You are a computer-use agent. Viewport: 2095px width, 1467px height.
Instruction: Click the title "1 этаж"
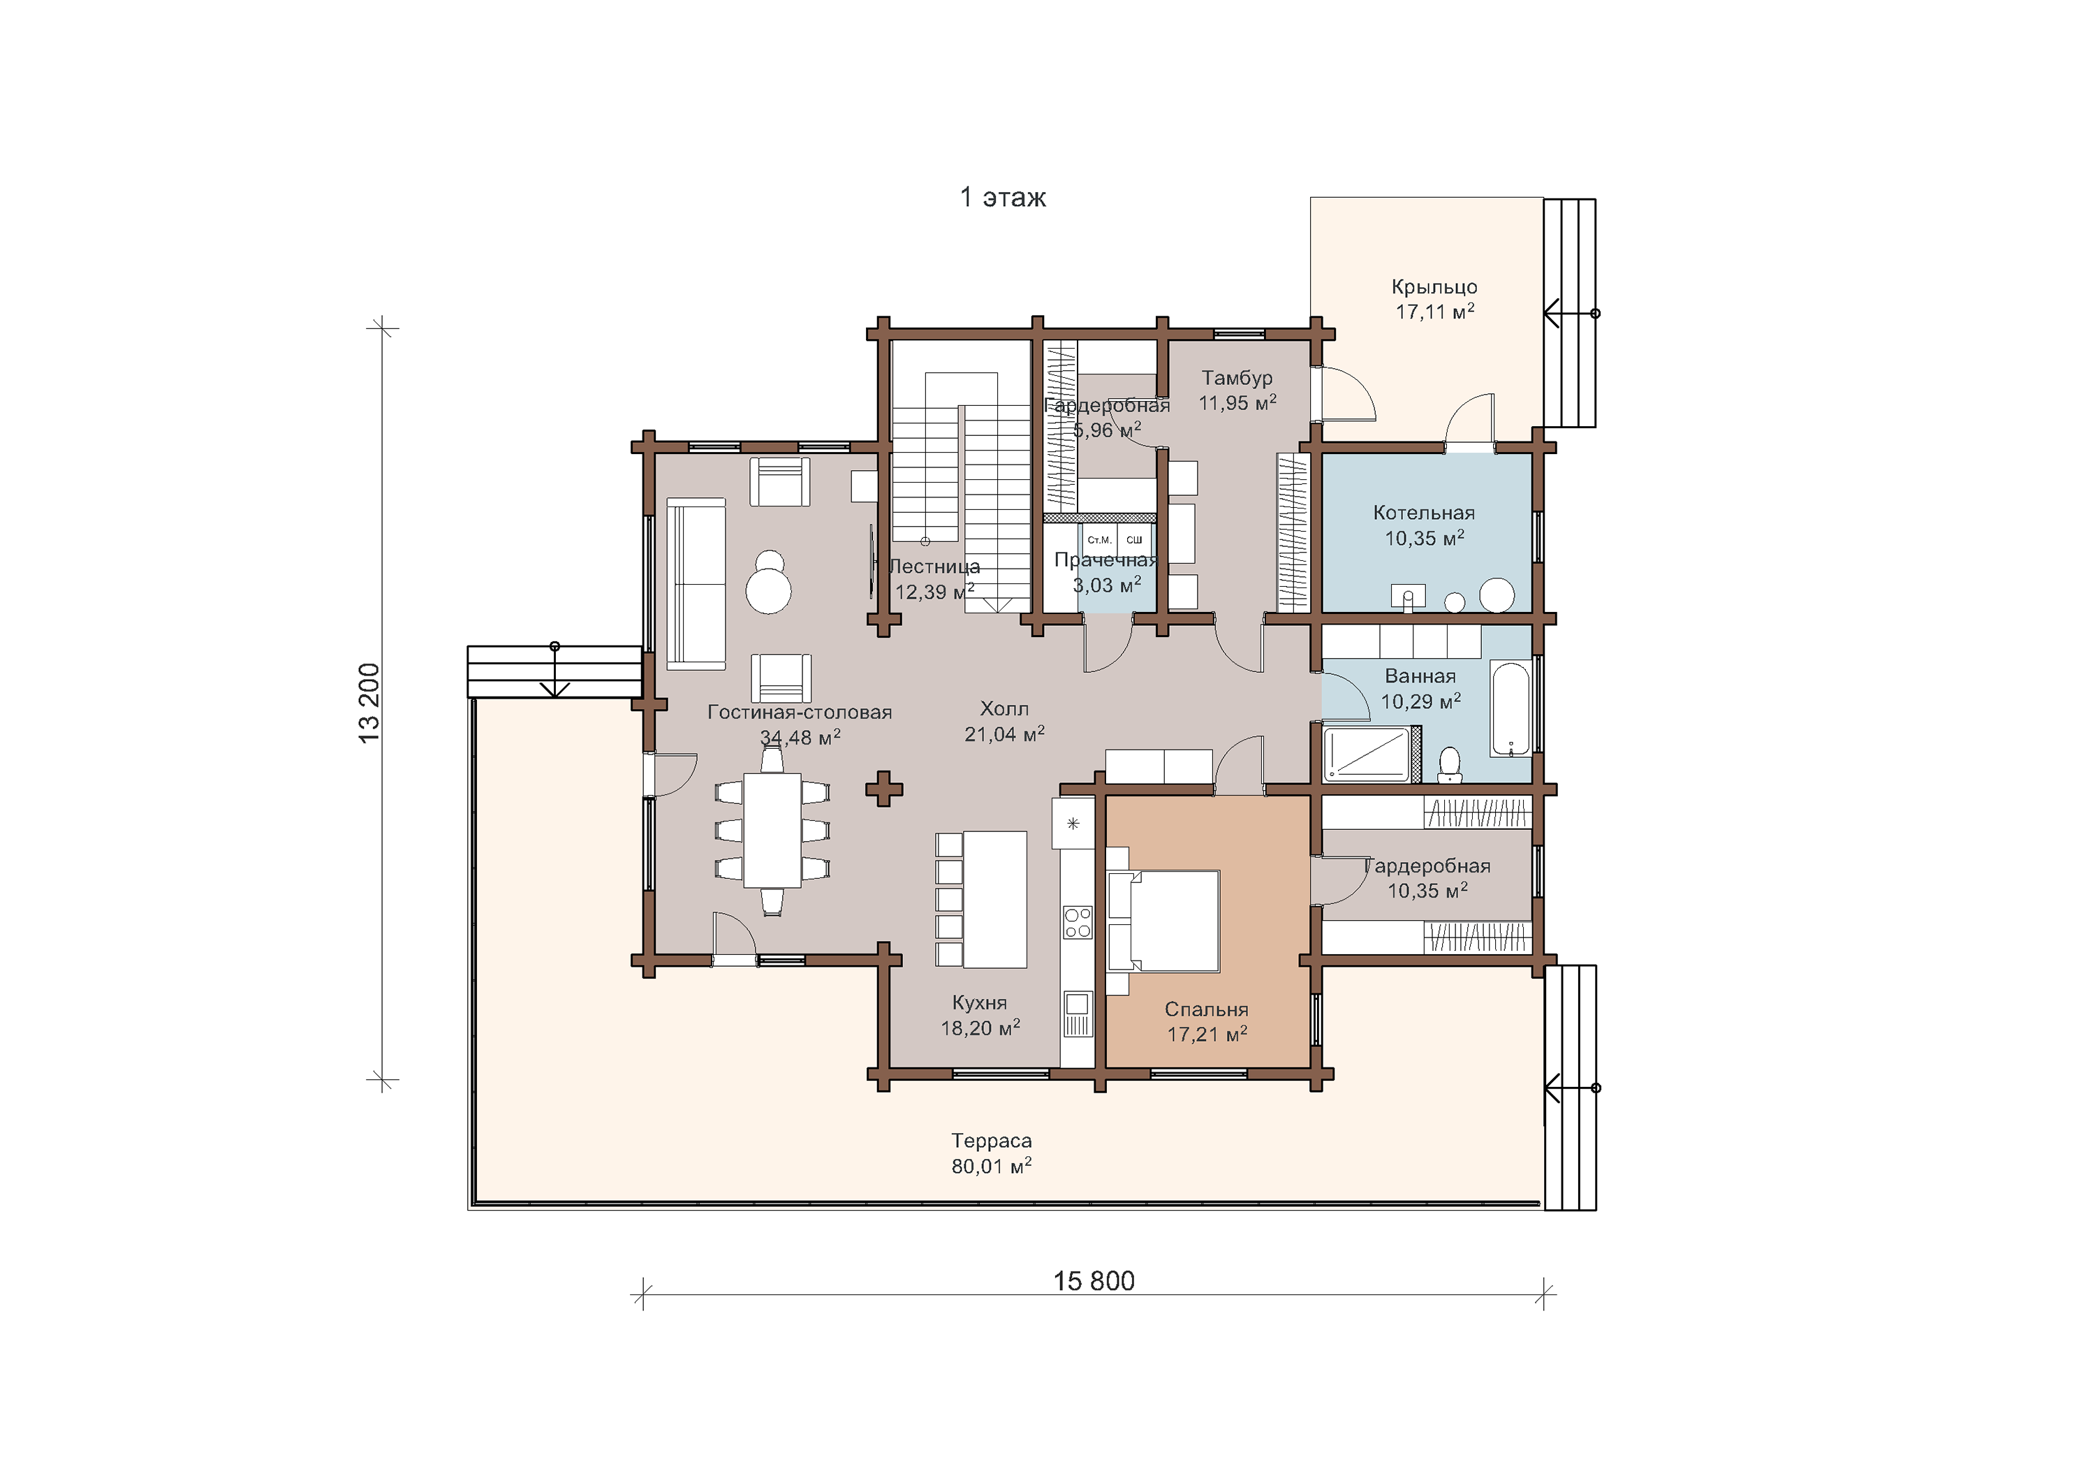click(1003, 197)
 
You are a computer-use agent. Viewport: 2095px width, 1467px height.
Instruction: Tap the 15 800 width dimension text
click(1094, 1280)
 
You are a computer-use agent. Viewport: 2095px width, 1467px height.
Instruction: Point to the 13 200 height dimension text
click(369, 703)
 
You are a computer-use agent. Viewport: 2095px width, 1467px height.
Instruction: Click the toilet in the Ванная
click(1449, 765)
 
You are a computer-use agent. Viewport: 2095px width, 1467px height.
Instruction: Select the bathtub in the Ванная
click(1510, 709)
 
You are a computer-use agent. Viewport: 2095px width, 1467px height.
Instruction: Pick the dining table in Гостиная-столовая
click(772, 830)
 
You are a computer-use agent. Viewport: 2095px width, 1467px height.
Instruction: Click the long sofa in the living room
click(696, 584)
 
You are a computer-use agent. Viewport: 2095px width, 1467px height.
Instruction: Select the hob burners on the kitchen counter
click(1078, 922)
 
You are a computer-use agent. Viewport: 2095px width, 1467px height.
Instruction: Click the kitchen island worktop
click(996, 899)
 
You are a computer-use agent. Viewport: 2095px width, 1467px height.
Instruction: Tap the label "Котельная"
click(1423, 513)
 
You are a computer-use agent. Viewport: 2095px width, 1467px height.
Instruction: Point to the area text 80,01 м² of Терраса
click(992, 1166)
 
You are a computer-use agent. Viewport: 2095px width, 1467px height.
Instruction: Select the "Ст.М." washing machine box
click(1098, 539)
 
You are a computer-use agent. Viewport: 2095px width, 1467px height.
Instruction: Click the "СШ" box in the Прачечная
click(1134, 539)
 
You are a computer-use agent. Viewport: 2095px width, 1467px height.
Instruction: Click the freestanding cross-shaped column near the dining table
click(883, 789)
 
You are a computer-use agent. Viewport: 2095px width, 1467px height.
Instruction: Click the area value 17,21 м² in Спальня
click(1207, 1035)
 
